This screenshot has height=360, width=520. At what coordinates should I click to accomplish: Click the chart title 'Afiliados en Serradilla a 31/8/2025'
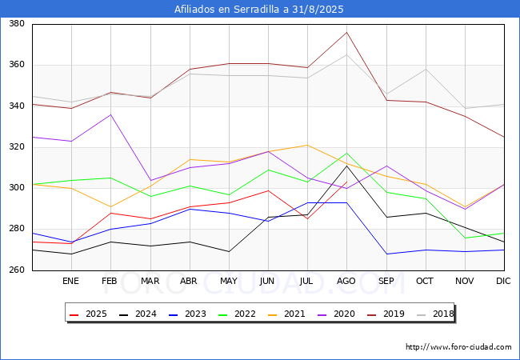259,10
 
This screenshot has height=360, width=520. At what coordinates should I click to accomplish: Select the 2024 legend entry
135,314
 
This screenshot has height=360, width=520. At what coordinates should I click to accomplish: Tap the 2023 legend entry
183,314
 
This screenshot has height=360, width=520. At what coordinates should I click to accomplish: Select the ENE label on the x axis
71,282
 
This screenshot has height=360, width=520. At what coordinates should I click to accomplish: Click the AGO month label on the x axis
346,282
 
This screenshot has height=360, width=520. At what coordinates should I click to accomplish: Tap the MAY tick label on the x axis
229,282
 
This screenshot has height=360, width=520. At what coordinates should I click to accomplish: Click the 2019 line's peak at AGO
346,32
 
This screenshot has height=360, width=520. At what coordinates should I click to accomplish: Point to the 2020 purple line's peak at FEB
110,114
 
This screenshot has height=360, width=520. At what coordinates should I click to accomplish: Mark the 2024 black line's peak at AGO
346,166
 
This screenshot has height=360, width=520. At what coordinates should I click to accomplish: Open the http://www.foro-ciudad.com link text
458,347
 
